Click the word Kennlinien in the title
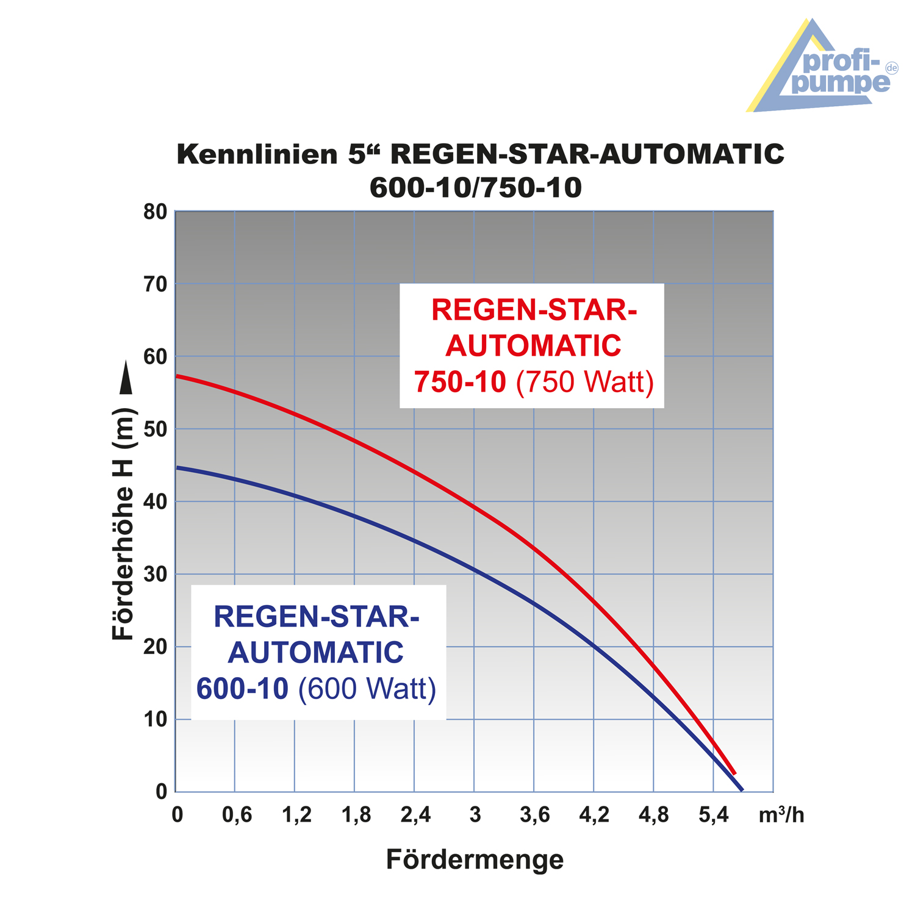(256, 154)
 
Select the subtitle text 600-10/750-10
(476, 188)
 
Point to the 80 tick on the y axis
(156, 212)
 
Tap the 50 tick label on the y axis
(156, 429)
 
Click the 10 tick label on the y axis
(156, 720)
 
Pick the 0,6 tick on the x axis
(237, 815)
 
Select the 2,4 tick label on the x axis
(415, 815)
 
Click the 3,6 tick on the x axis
(535, 815)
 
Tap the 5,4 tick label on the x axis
(714, 815)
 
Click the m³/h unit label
(781, 815)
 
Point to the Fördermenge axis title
(475, 860)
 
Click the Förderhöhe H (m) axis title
(123, 525)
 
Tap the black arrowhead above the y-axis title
(126, 378)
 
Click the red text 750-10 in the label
(460, 382)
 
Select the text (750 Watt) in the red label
(585, 382)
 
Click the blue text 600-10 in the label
(242, 689)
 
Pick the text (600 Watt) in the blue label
(367, 689)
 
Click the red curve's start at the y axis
(177, 376)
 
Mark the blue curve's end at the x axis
(742, 791)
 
